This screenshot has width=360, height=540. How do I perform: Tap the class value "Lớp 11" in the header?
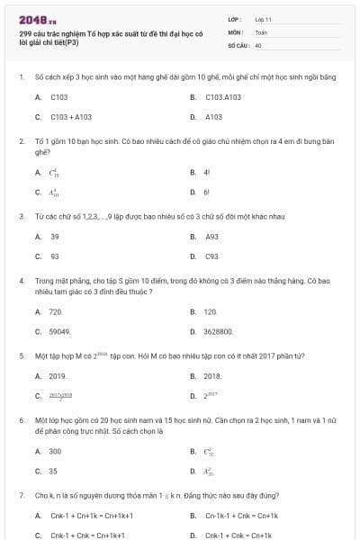click(264, 19)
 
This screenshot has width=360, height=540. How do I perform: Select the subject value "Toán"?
click(261, 31)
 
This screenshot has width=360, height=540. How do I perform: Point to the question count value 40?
click(258, 44)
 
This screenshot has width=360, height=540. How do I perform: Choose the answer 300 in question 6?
click(56, 451)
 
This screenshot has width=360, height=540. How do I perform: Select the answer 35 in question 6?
click(54, 471)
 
